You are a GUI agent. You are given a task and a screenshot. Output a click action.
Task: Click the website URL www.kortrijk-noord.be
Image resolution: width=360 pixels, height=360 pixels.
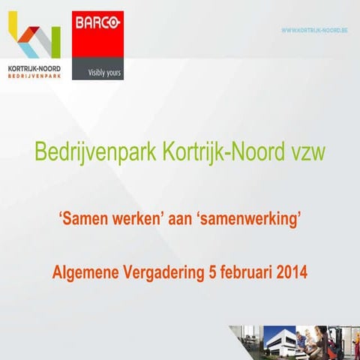pos(315,30)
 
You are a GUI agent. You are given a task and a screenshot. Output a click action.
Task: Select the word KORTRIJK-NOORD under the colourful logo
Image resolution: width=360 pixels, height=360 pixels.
pos(34,68)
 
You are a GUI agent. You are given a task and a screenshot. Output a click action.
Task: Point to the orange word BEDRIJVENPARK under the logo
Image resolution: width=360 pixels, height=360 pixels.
pos(34,76)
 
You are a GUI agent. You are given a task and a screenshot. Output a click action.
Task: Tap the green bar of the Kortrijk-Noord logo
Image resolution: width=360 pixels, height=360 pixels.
pos(54,41)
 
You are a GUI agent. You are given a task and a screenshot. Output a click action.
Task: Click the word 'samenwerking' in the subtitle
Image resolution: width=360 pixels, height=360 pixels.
pos(251,221)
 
